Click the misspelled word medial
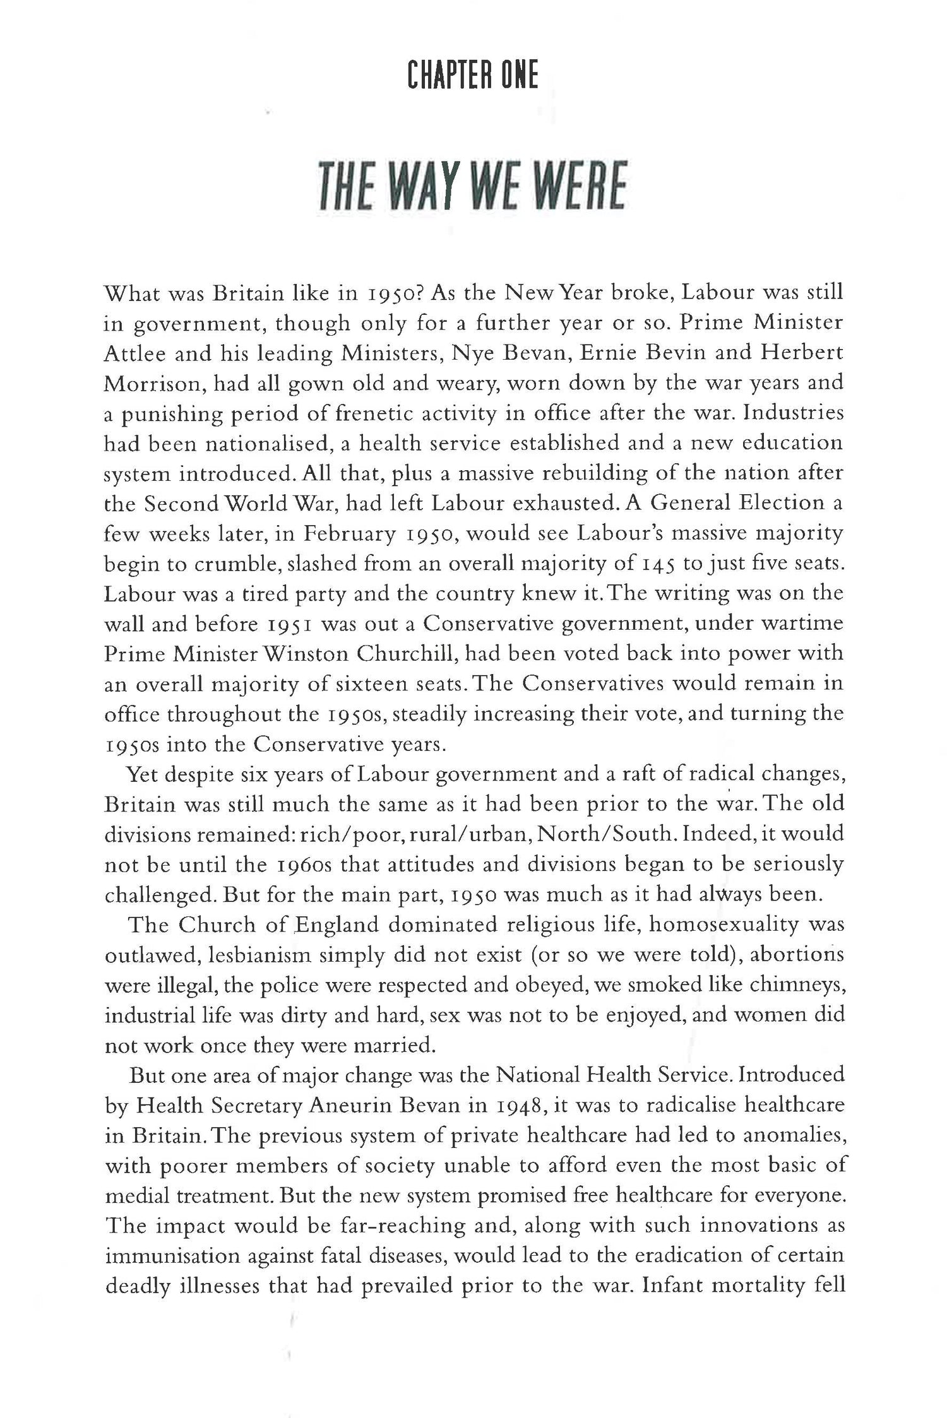click(x=134, y=1195)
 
